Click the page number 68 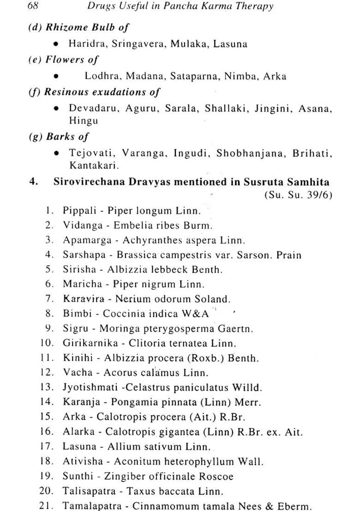coord(33,6)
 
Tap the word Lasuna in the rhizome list coord(231,44)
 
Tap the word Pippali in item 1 coord(79,211)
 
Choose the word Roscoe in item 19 coord(217,476)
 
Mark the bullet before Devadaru coord(56,108)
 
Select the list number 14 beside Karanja coord(48,402)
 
